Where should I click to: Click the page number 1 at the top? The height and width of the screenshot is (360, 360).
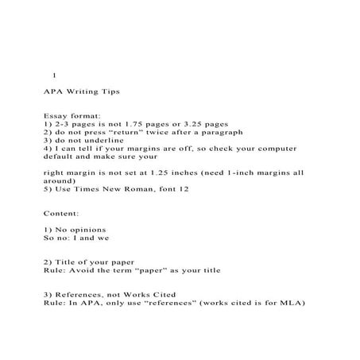pyautogui.click(x=54, y=76)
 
